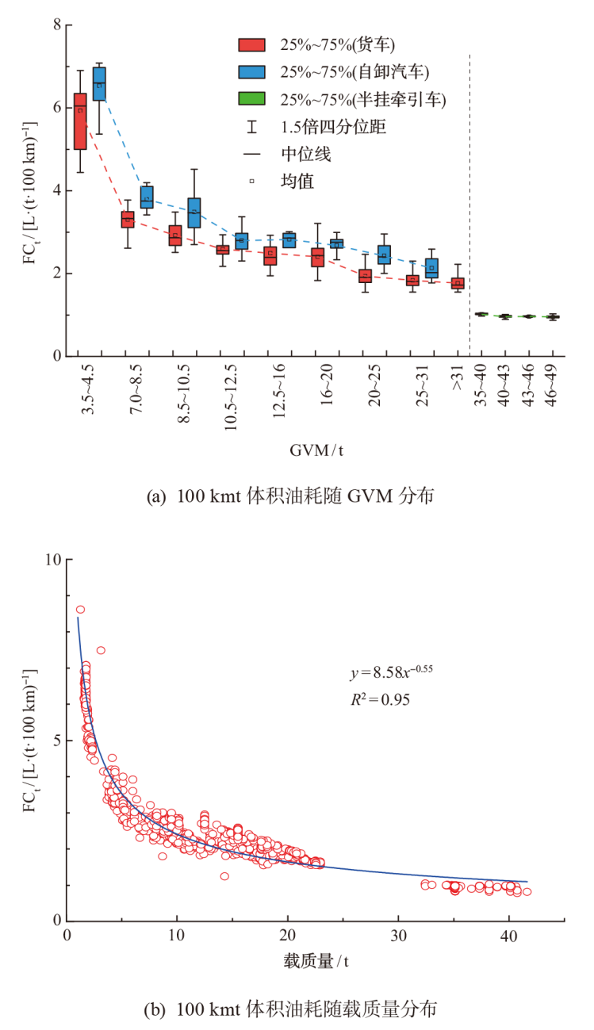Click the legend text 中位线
point(305,154)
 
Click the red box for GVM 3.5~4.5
point(80,121)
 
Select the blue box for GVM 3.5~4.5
point(99,84)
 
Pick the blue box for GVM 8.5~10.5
point(194,213)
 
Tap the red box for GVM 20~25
point(365,276)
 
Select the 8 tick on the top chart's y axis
point(57,25)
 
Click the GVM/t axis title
point(316,450)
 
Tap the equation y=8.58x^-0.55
point(390,674)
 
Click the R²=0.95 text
point(378,699)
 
